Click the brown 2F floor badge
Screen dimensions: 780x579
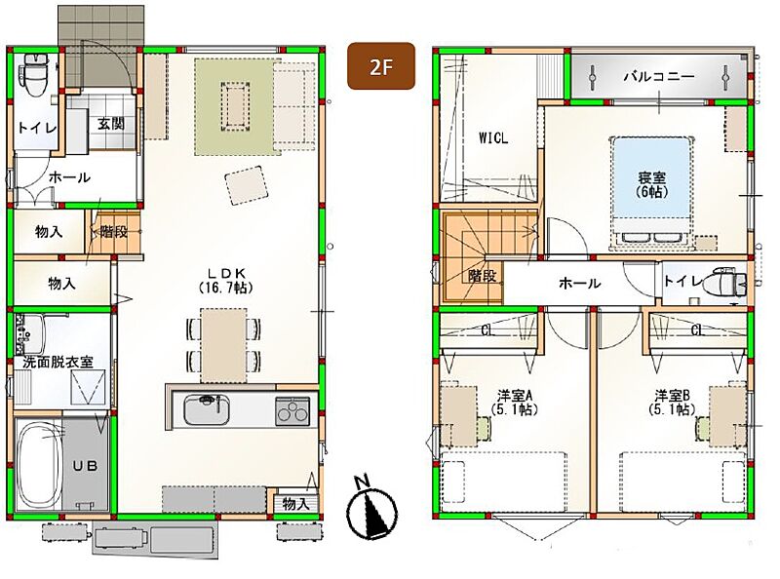(381, 66)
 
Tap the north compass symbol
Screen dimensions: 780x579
(371, 509)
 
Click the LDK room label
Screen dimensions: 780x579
(226, 280)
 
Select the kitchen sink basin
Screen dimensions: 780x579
(207, 409)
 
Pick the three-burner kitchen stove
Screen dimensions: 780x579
(292, 411)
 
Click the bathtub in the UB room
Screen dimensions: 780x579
(39, 465)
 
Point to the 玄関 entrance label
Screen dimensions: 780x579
(110, 124)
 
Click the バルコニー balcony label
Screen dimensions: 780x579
(659, 77)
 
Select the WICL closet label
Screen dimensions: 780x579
(493, 137)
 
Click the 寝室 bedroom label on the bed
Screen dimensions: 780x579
(651, 184)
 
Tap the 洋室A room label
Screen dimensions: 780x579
(515, 403)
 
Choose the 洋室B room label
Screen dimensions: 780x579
(672, 403)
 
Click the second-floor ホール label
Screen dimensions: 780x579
(579, 284)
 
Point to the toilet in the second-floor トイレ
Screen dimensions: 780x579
(728, 282)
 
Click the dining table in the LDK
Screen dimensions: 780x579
(223, 345)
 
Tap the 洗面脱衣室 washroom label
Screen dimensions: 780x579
(58, 362)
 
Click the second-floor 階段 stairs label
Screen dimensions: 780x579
(482, 276)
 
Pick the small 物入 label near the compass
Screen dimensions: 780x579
(296, 504)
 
